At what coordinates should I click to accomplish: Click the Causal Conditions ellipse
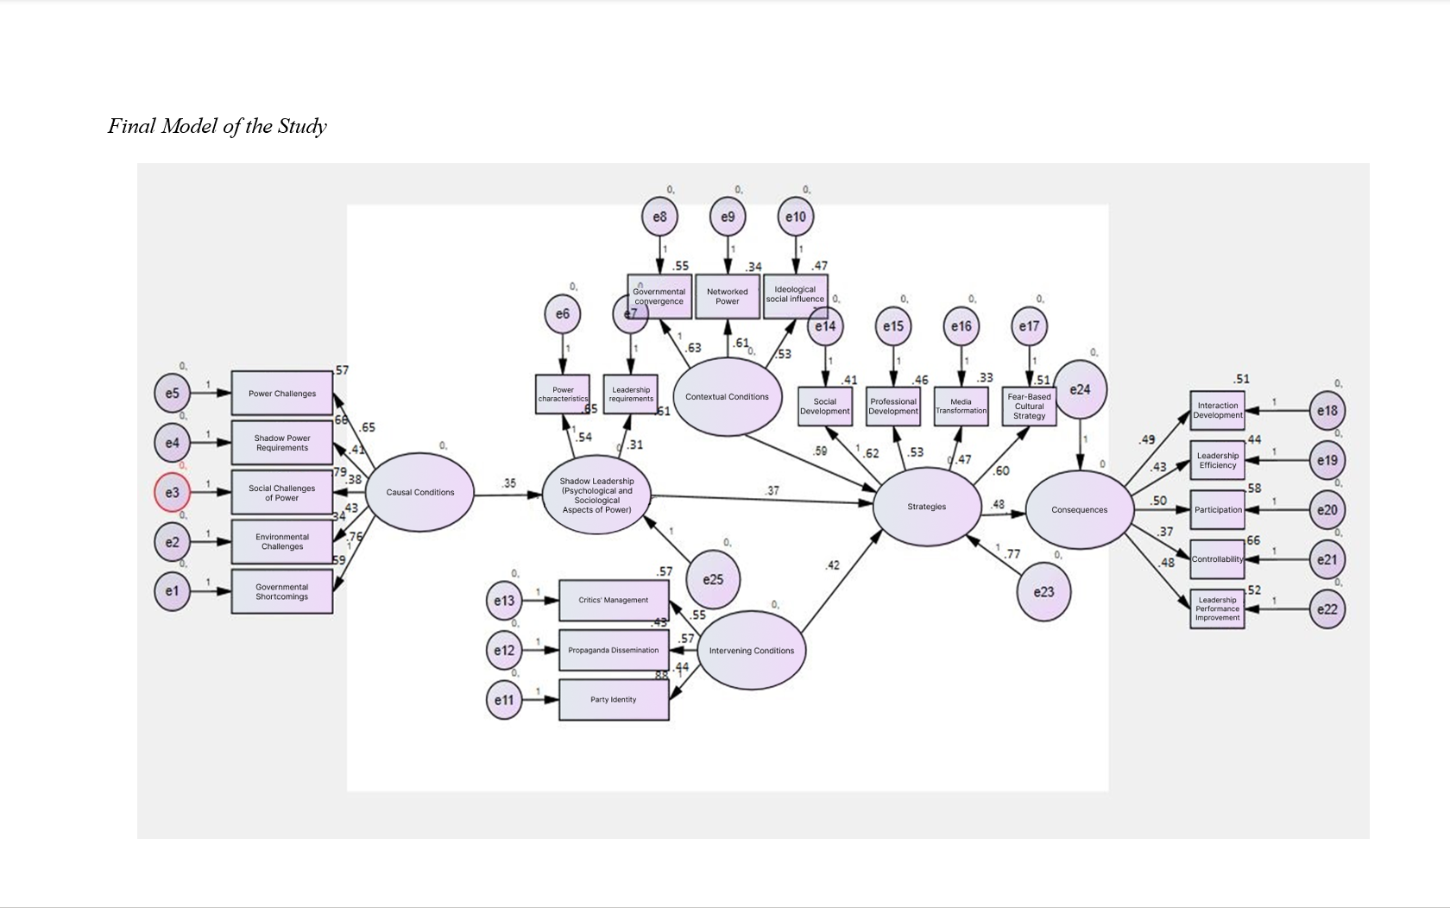coord(419,492)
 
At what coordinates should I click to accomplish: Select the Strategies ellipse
coord(927,507)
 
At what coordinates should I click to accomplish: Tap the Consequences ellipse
coord(1079,509)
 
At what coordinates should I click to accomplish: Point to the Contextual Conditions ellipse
coord(727,397)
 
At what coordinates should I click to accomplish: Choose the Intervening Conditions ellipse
coord(751,651)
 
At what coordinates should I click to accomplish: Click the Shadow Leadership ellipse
coord(596,495)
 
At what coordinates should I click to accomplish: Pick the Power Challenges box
coord(282,394)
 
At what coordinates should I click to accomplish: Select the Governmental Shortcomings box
coord(282,591)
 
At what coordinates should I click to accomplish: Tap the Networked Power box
coord(728,297)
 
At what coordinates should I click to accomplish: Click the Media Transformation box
coord(961,407)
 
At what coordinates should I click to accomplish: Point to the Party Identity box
coord(614,700)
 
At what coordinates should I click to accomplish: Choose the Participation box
coord(1218,510)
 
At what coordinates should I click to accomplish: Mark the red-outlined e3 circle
coord(173,493)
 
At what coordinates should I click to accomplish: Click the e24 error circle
coord(1080,390)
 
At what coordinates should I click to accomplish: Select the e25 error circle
coord(713,579)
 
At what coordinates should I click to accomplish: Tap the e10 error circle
coord(796,217)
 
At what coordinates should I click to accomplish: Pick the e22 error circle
coord(1327,609)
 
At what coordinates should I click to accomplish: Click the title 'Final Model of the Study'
coord(217,126)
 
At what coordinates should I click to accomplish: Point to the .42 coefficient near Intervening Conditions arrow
coord(832,565)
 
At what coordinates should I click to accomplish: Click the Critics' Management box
coord(614,601)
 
